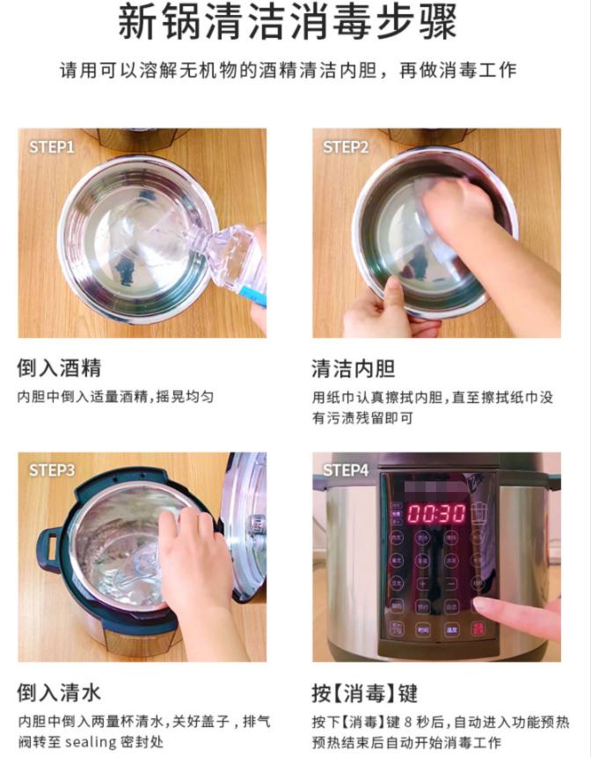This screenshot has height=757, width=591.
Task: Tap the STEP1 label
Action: pos(52,147)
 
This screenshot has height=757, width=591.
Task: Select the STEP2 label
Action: pos(346,147)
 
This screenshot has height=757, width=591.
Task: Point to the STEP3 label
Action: pos(52,470)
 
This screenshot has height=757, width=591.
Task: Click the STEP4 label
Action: pos(346,470)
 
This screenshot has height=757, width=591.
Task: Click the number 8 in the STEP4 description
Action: pos(409,720)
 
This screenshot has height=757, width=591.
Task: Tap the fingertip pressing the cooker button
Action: pos(480,606)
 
